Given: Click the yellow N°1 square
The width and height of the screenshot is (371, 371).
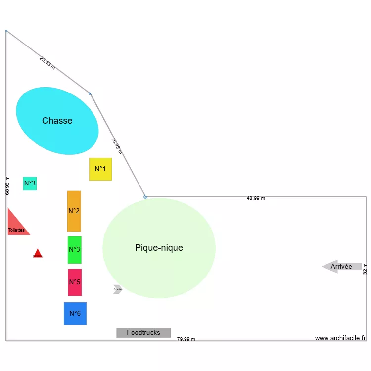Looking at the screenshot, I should point(100,169).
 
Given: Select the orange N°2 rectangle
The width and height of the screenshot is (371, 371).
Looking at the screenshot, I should point(74,211).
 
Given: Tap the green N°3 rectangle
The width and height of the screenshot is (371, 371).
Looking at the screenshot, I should point(75,250).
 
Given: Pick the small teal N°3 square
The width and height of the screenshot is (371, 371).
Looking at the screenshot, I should point(30,184).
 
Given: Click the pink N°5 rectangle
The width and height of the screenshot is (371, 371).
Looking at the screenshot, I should point(75,282).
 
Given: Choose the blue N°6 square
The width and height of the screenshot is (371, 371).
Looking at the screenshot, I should point(75,314).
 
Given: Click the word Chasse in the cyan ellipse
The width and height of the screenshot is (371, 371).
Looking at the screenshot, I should point(57,121).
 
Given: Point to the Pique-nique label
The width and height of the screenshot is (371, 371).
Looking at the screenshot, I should point(159,248).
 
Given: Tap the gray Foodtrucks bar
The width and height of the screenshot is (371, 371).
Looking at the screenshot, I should point(143,333).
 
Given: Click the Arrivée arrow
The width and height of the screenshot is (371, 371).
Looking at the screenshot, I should point(341,267).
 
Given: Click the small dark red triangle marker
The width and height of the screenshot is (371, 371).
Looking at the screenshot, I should point(38,254).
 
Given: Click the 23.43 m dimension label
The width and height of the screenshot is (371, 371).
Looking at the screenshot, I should point(47,62).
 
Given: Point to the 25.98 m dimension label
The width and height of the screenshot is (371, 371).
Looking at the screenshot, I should point(117,146).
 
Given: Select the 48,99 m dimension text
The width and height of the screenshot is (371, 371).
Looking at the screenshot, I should point(256,198).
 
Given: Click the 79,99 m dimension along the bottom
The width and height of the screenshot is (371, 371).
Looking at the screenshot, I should point(186,339).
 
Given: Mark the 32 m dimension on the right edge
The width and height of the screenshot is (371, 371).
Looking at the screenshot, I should point(365,269).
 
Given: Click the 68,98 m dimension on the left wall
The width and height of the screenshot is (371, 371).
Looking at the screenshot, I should point(7,185).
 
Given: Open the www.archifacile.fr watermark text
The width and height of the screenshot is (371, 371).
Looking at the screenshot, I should point(340,338).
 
